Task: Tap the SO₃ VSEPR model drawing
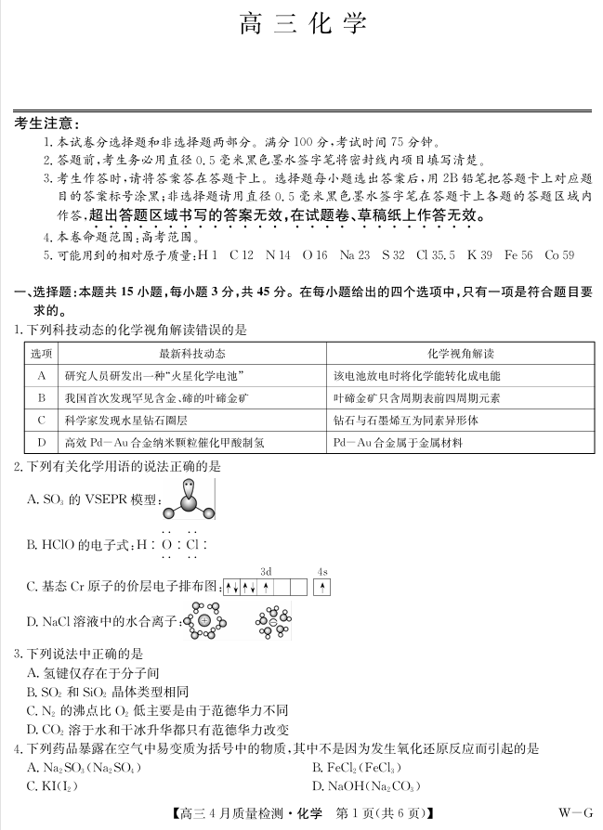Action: tap(189, 502)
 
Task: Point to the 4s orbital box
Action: tap(322, 588)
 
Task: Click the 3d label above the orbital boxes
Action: tap(266, 572)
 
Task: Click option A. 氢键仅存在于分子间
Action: tap(93, 672)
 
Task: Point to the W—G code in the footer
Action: tap(575, 813)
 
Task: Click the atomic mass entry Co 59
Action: tap(559, 254)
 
